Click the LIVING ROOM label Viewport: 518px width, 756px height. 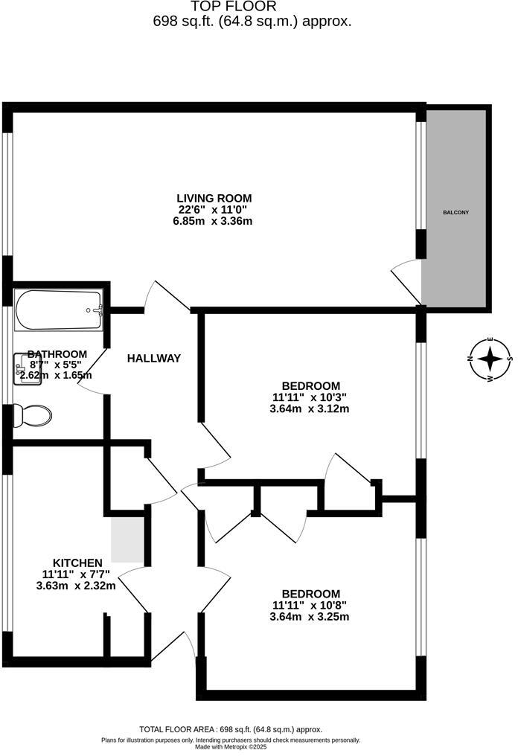(x=214, y=198)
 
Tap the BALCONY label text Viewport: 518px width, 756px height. (x=455, y=213)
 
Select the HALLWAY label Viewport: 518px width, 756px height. (x=153, y=359)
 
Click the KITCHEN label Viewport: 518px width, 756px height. (x=77, y=562)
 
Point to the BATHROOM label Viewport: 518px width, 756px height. (x=57, y=354)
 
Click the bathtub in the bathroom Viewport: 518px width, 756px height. (x=58, y=310)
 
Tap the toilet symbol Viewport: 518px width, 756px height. (x=33, y=414)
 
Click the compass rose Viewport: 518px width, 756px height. (x=490, y=359)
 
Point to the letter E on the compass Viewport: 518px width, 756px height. (x=490, y=340)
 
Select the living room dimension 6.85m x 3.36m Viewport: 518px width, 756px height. (x=214, y=222)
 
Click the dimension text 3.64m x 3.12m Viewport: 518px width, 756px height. (x=310, y=409)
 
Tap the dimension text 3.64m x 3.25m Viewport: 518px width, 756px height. (x=310, y=617)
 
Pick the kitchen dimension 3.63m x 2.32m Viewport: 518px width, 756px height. (x=77, y=586)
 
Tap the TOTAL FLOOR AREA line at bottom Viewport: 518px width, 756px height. (x=231, y=730)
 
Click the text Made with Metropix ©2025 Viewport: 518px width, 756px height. (x=231, y=747)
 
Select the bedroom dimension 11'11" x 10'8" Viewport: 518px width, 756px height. (x=310, y=605)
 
